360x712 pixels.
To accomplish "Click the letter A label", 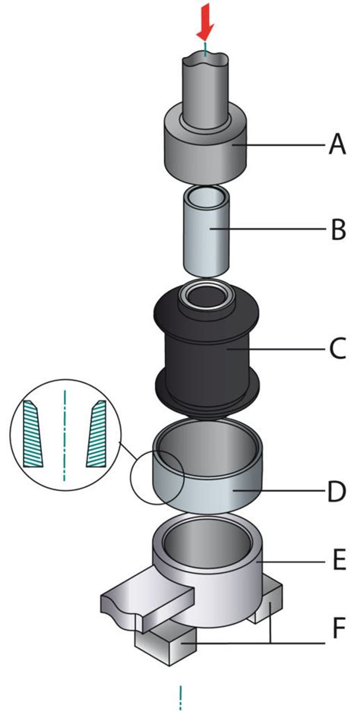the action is click(336, 145).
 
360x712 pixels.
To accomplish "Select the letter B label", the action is click(337, 229).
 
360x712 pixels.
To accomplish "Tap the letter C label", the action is click(337, 350).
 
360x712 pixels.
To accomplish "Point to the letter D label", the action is click(336, 491).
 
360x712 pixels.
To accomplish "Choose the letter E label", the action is click(338, 562).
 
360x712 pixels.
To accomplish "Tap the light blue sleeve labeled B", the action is click(205, 231).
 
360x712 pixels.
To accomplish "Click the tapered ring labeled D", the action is click(208, 468).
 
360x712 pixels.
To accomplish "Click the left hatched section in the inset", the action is click(33, 434).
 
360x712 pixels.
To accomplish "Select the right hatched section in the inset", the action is click(96, 434).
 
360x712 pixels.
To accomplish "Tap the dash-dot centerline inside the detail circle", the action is click(65, 435).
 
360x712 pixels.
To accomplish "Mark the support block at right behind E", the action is click(269, 600).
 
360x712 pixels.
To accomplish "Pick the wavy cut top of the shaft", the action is click(206, 58).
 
